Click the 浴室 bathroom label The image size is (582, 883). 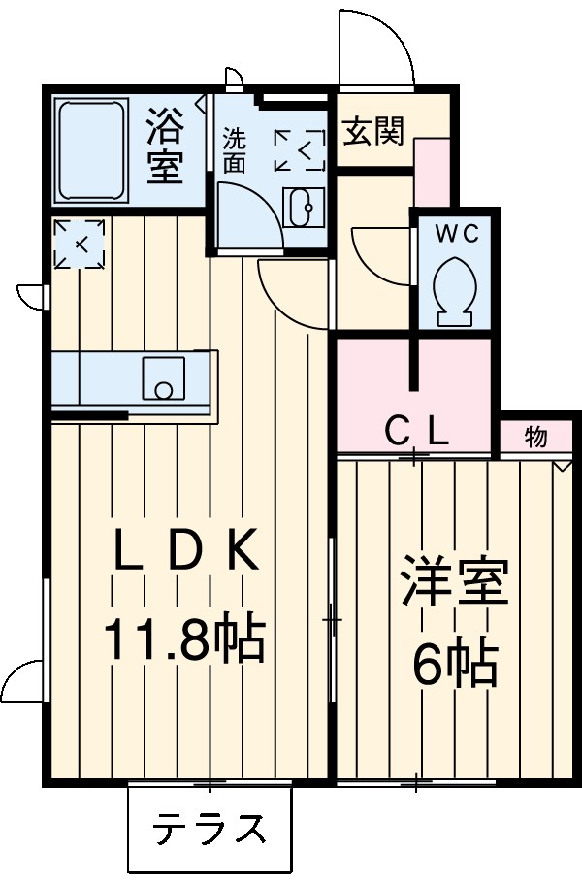pos(166,147)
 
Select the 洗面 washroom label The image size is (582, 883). pos(235,150)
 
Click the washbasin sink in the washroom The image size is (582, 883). pos(302,207)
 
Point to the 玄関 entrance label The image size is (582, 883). pos(372,132)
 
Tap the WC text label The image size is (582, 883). pos(455,233)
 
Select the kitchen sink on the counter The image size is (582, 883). pos(163,377)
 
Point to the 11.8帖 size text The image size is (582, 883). pos(184,640)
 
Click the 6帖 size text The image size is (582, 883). pos(454,665)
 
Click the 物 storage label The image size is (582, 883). pos(534,437)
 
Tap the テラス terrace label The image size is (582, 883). pos(210,830)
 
